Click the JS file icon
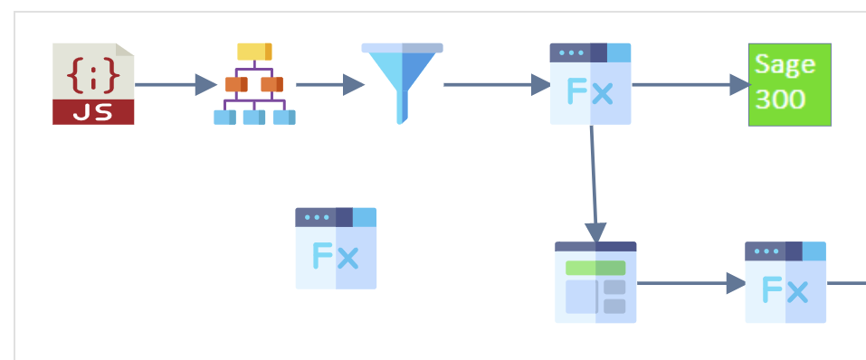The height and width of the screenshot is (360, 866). (93, 84)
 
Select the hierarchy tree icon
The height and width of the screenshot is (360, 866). (254, 84)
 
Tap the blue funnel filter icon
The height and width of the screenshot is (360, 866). (402, 84)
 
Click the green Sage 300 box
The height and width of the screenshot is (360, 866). (790, 84)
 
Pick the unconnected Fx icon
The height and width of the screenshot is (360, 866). (336, 249)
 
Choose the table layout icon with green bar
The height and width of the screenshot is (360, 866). (595, 282)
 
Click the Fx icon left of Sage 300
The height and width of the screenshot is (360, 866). (590, 84)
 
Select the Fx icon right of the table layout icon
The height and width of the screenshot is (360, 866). (785, 282)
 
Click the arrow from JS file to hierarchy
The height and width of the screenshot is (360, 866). (176, 85)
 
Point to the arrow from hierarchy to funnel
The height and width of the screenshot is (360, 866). (330, 85)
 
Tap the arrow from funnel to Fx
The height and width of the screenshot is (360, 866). (497, 85)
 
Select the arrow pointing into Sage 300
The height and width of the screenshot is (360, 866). (691, 85)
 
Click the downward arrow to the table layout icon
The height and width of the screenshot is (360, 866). (594, 185)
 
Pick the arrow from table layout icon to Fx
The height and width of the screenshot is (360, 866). (691, 283)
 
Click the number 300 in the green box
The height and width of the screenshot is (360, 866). (780, 99)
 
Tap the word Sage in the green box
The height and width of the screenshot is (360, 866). (785, 64)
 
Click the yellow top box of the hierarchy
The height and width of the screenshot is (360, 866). (254, 52)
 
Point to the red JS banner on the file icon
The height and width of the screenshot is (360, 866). (93, 112)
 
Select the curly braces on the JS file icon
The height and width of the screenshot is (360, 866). (93, 75)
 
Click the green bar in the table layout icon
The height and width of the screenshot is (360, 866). (595, 268)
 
